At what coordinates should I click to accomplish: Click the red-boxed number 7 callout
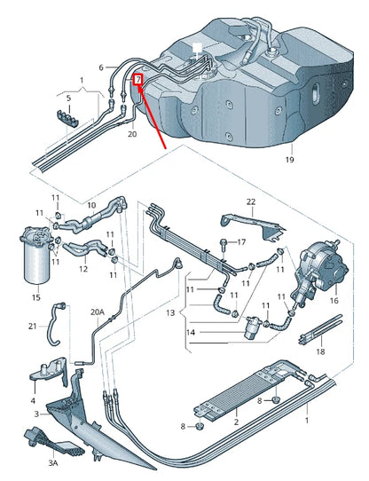(138, 80)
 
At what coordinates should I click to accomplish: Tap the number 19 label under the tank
(289, 161)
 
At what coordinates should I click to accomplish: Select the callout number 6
(101, 67)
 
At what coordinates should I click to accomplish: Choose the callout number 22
(250, 202)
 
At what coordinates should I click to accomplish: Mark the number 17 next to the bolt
(241, 241)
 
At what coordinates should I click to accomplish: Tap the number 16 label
(334, 301)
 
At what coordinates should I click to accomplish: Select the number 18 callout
(320, 351)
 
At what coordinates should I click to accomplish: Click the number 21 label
(31, 327)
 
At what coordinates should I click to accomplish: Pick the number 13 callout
(171, 312)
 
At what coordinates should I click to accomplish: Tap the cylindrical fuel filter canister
(36, 254)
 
